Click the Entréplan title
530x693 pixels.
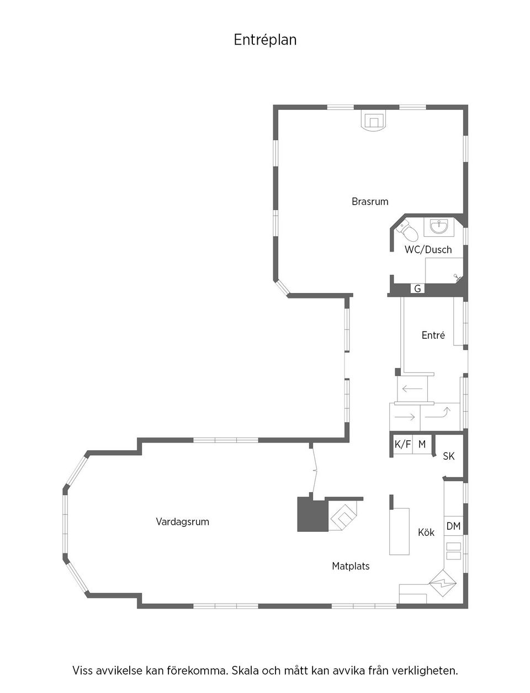click(265, 40)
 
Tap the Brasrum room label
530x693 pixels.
click(370, 201)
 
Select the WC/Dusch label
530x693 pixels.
click(428, 249)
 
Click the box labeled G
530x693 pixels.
click(417, 289)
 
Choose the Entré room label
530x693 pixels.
click(433, 335)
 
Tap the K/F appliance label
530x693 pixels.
click(402, 444)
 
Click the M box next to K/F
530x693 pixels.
click(422, 444)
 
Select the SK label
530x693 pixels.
click(449, 456)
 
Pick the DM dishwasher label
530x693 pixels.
click(453, 526)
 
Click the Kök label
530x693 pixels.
click(426, 532)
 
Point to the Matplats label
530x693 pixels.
click(351, 566)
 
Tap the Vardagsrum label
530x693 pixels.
click(182, 521)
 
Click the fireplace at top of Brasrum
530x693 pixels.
click(374, 121)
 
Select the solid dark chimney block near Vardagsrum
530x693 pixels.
click(312, 515)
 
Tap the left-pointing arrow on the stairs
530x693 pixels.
click(412, 389)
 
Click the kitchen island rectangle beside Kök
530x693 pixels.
click(399, 531)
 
